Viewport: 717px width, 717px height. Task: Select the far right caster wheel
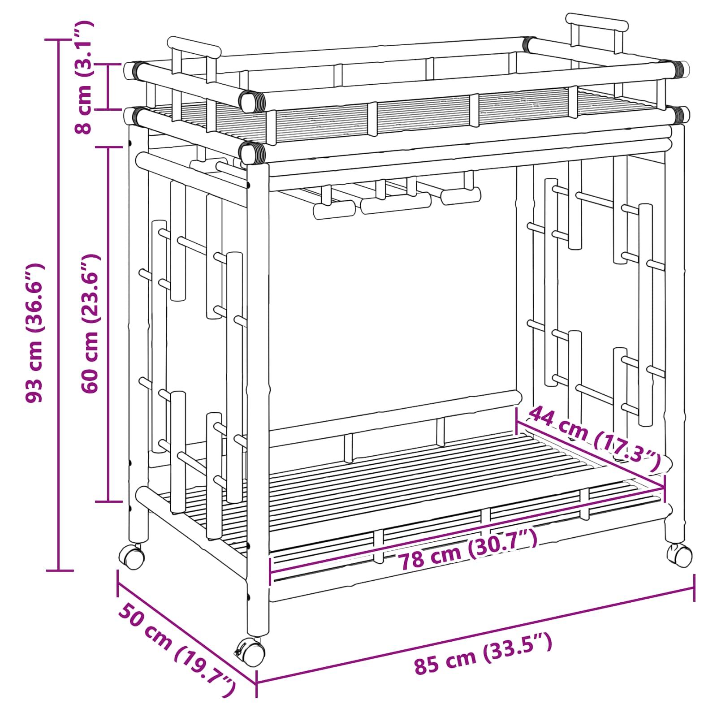(679, 555)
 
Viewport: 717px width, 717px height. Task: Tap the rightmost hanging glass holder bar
(461, 196)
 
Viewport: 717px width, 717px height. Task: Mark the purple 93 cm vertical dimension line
(59, 305)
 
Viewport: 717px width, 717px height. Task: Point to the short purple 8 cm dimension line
(108, 86)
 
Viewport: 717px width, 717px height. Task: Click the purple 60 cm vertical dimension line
(108, 324)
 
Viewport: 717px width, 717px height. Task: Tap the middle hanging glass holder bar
(396, 203)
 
